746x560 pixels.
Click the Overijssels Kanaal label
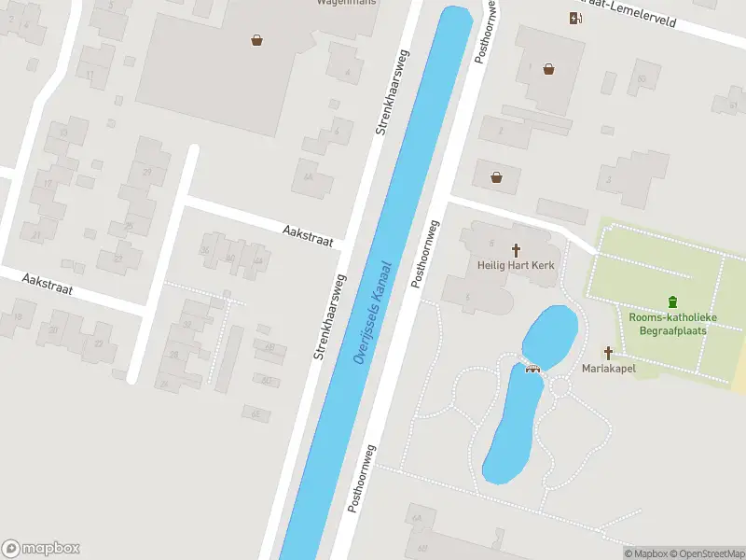pyautogui.click(x=373, y=314)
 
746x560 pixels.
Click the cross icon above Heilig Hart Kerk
pyautogui.click(x=516, y=250)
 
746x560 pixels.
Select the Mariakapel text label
pyautogui.click(x=610, y=368)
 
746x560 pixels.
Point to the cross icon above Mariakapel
pyautogui.click(x=609, y=353)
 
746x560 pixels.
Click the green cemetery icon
pyautogui.click(x=672, y=301)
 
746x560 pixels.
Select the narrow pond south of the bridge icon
pyautogui.click(x=512, y=425)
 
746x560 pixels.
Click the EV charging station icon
pyautogui.click(x=575, y=18)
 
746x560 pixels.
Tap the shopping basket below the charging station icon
pyautogui.click(x=549, y=68)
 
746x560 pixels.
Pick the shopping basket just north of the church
pyautogui.click(x=496, y=176)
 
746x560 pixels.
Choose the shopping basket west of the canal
pyautogui.click(x=256, y=39)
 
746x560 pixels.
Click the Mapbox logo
pyautogui.click(x=41, y=549)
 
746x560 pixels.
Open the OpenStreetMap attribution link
pyautogui.click(x=705, y=553)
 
